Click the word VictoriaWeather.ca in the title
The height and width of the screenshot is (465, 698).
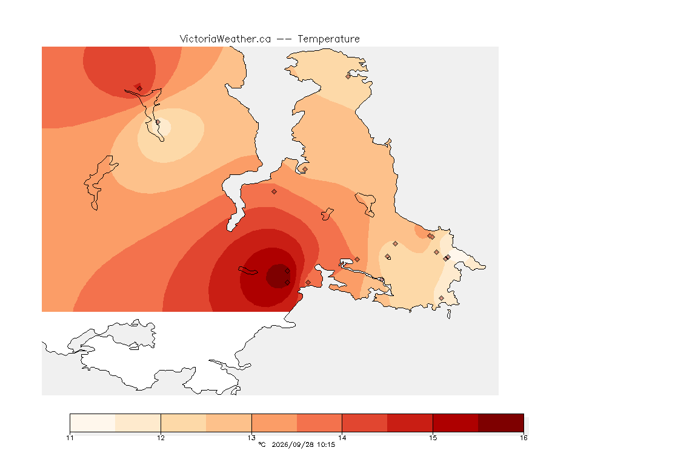coord(225,39)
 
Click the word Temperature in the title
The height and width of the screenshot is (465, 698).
coord(328,39)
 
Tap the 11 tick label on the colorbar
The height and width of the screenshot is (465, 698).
coord(70,438)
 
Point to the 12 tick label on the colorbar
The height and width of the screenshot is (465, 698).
coord(161,438)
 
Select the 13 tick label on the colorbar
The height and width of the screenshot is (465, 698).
coord(251,438)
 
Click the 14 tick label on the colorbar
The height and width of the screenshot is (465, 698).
coord(342,438)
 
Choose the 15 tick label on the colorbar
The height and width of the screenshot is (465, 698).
coord(433,438)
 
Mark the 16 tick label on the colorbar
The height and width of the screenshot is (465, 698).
coord(523,438)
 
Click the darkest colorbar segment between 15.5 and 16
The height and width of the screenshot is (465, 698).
coord(501,423)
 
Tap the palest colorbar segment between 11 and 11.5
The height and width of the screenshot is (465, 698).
coord(93,423)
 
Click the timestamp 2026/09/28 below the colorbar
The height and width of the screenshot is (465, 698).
coord(290,444)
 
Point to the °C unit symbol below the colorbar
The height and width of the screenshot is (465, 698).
coord(262,444)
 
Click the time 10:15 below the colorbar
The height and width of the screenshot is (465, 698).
coord(327,444)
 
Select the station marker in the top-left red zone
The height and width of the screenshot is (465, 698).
coord(139,88)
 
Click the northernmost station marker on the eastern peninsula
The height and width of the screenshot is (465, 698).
coord(348,76)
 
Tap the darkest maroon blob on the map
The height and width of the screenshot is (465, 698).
coord(278,276)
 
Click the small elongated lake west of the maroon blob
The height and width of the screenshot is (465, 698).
coord(247,271)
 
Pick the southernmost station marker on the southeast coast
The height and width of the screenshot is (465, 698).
coord(441,298)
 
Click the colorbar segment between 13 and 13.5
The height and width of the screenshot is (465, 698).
coord(274,423)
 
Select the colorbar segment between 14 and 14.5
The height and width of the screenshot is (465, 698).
coord(365,423)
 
